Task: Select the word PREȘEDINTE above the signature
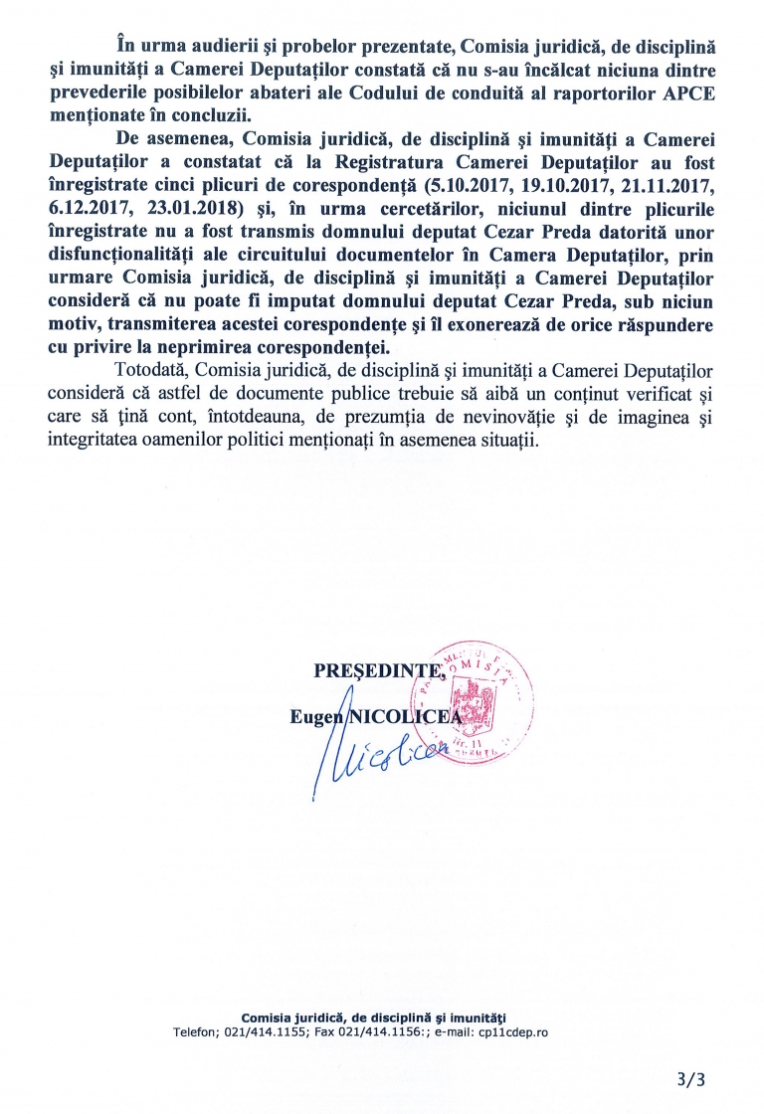click(361, 671)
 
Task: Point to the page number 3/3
click(687, 1079)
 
